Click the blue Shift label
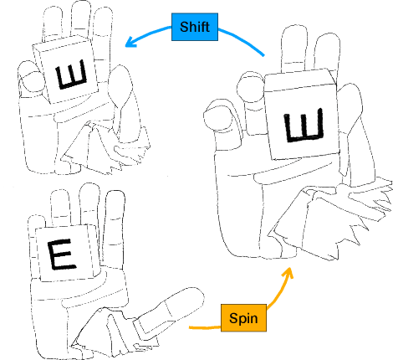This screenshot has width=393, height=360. coord(194,27)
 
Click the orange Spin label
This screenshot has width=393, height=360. coord(243,318)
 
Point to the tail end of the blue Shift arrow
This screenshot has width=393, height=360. coord(264,55)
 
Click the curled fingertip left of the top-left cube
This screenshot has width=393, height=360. coord(29,81)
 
